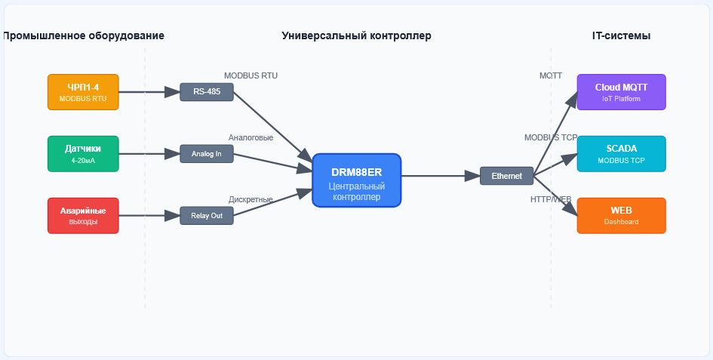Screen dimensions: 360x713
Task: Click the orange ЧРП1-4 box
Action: coord(83,92)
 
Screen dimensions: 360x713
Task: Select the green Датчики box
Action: coord(83,154)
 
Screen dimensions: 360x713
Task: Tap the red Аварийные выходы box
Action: coord(83,216)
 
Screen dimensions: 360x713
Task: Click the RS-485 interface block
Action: coord(207,92)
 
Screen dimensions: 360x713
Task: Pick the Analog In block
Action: coord(207,154)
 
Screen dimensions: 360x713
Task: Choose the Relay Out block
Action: coord(207,216)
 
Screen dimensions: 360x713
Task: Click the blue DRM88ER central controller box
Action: coord(357,180)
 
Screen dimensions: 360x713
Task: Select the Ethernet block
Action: coord(506,176)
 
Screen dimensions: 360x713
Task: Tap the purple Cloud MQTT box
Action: coord(621,92)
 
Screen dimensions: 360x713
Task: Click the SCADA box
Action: coord(621,154)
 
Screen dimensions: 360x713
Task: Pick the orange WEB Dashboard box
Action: coord(621,216)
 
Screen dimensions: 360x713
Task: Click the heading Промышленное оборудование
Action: coord(84,35)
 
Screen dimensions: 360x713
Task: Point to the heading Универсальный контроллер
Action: coord(356,35)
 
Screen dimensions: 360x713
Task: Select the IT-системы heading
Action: coord(621,35)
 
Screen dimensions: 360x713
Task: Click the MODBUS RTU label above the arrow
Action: coord(250,75)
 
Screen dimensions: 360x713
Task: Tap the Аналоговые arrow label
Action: coord(250,137)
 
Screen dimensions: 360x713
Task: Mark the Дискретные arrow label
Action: coord(250,199)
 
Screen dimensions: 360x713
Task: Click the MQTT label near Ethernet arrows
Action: coord(550,75)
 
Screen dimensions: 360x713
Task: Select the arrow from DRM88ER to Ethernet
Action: coord(441,176)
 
